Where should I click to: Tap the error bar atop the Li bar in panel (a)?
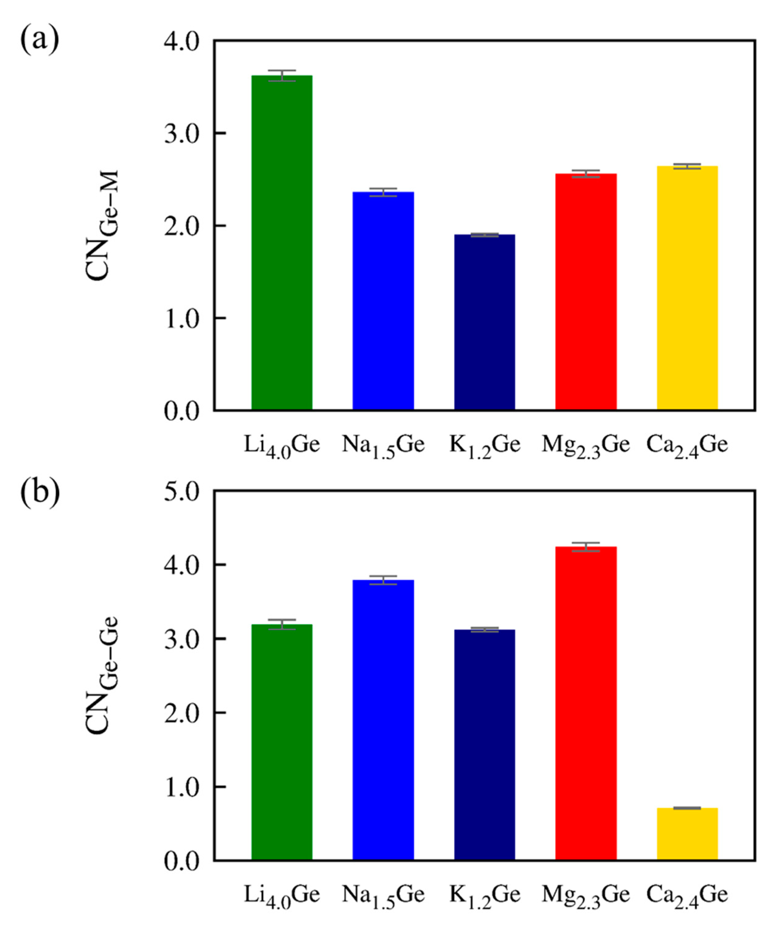[x=282, y=75]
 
